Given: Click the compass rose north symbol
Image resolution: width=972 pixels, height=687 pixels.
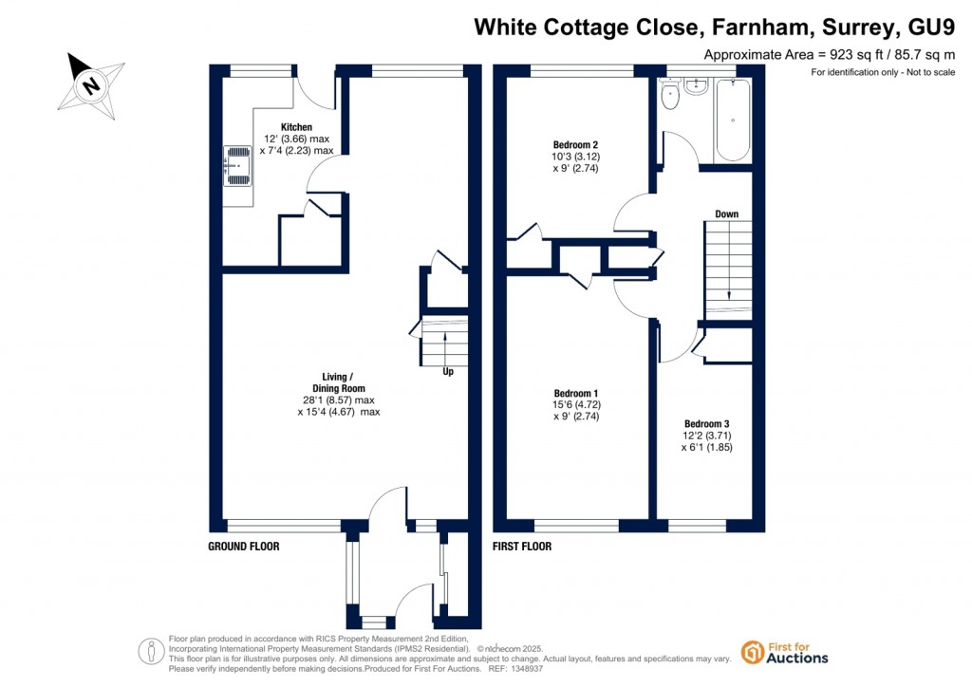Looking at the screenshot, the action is tap(91, 84).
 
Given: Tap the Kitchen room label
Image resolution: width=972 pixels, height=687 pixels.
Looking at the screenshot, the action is tap(296, 127).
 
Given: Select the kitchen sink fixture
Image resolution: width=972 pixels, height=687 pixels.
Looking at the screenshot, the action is tap(237, 165).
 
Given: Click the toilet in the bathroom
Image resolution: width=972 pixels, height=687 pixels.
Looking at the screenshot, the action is tap(670, 95).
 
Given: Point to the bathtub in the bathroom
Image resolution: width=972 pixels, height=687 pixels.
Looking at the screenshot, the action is tap(733, 120).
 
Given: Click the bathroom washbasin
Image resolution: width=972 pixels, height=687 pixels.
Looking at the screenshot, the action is tap(697, 86).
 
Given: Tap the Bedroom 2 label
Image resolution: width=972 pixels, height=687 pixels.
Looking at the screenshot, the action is tap(575, 145).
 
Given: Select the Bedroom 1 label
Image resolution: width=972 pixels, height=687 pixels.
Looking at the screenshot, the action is tap(576, 394).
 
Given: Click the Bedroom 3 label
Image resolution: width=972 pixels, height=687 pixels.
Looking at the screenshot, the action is tap(706, 424).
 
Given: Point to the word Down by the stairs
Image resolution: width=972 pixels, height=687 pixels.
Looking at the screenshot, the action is tap(726, 214).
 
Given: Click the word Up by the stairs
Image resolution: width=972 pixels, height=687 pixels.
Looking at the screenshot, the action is tap(448, 372).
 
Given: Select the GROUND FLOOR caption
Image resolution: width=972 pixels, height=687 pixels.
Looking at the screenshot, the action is tap(244, 547).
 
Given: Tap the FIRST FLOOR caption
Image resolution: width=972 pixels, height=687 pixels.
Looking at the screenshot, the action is tap(522, 547).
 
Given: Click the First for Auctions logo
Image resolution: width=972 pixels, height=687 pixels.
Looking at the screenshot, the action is tap(784, 652).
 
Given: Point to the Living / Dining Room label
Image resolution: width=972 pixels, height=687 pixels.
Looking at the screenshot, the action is tap(339, 382).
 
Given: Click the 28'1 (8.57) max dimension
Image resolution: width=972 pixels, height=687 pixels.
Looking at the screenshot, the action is tap(339, 400).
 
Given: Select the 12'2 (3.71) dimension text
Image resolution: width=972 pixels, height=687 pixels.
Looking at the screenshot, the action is tap(706, 436).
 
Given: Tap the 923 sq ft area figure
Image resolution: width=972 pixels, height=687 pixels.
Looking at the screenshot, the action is tap(856, 54).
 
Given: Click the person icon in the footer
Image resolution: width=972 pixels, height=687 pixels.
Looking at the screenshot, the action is tap(151, 652).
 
